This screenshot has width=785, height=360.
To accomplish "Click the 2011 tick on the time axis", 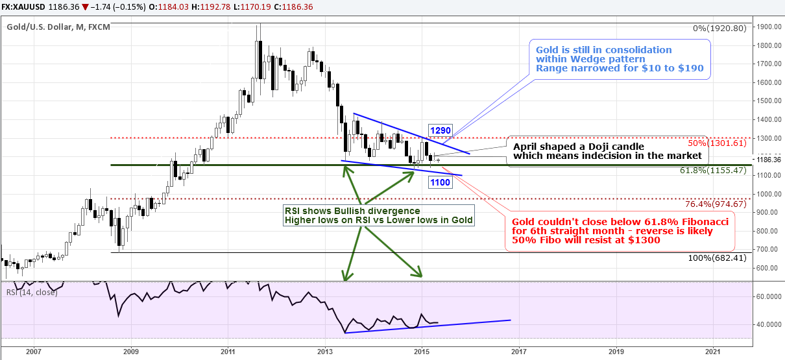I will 227,352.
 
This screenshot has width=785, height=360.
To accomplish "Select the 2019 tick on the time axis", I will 616,352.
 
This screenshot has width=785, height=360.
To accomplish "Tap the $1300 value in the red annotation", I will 647,240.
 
